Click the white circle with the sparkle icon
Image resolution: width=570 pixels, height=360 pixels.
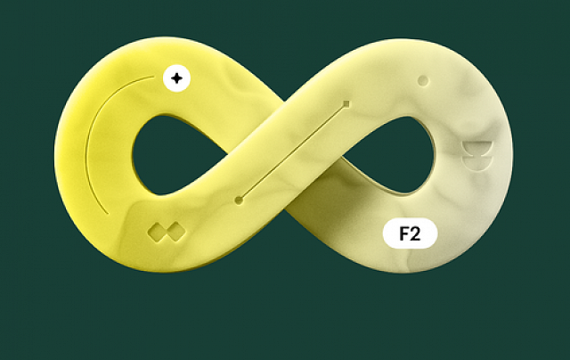pyautogui.click(x=176, y=78)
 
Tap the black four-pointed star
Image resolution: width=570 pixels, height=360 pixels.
pyautogui.click(x=176, y=78)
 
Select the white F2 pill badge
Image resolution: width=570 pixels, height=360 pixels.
pyautogui.click(x=410, y=233)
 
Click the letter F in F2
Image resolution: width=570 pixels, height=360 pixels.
pyautogui.click(x=403, y=233)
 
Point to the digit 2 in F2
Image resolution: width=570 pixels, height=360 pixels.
pyautogui.click(x=416, y=233)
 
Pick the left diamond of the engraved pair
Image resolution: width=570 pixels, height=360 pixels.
pyautogui.click(x=157, y=232)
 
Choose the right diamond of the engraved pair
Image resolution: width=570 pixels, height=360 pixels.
pyautogui.click(x=176, y=232)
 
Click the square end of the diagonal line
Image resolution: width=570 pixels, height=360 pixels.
pyautogui.click(x=346, y=104)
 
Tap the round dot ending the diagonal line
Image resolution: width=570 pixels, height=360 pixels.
pyautogui.click(x=239, y=200)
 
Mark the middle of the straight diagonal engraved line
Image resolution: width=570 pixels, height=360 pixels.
pyautogui.click(x=293, y=152)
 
